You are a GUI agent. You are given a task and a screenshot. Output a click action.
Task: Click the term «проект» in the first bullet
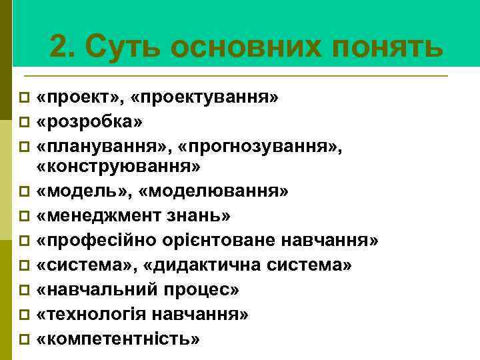pos(79,99)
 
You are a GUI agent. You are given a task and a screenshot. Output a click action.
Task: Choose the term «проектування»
pos(205,99)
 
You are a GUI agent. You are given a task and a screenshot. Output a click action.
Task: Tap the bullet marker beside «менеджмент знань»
pos(24,217)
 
